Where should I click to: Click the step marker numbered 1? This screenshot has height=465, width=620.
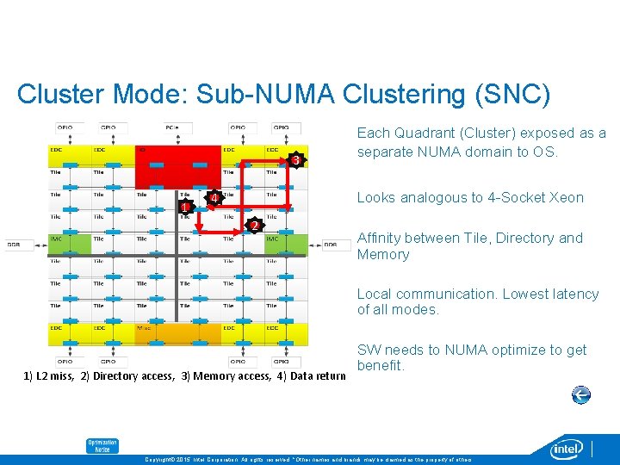point(184,208)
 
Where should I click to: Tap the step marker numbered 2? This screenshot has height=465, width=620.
point(253,226)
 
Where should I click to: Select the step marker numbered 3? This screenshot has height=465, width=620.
point(295,161)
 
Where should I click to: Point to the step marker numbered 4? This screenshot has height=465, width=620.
point(214,200)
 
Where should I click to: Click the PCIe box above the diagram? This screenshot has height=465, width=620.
point(173,127)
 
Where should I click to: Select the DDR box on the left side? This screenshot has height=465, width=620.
point(15,245)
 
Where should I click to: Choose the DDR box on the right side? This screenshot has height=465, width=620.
point(331,245)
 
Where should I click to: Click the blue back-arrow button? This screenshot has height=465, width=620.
point(581,394)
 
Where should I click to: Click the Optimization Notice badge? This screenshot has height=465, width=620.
point(102,446)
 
